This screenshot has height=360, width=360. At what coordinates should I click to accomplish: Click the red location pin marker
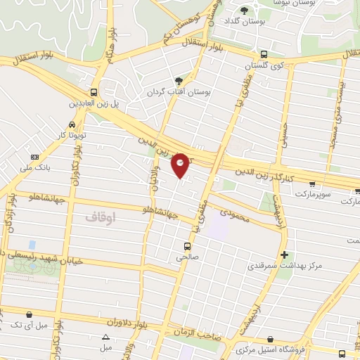click(x=181, y=165)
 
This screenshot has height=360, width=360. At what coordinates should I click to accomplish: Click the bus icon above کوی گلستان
click(x=264, y=54)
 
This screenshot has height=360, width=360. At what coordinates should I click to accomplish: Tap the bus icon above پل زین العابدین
click(x=94, y=93)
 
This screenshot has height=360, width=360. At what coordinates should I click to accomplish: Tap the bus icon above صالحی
click(x=187, y=246)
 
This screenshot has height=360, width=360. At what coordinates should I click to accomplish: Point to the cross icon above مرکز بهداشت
click(x=283, y=254)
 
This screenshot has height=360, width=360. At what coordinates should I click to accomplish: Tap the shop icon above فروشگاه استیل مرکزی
click(x=270, y=338)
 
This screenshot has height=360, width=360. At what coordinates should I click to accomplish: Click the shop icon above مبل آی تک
click(x=29, y=314)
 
